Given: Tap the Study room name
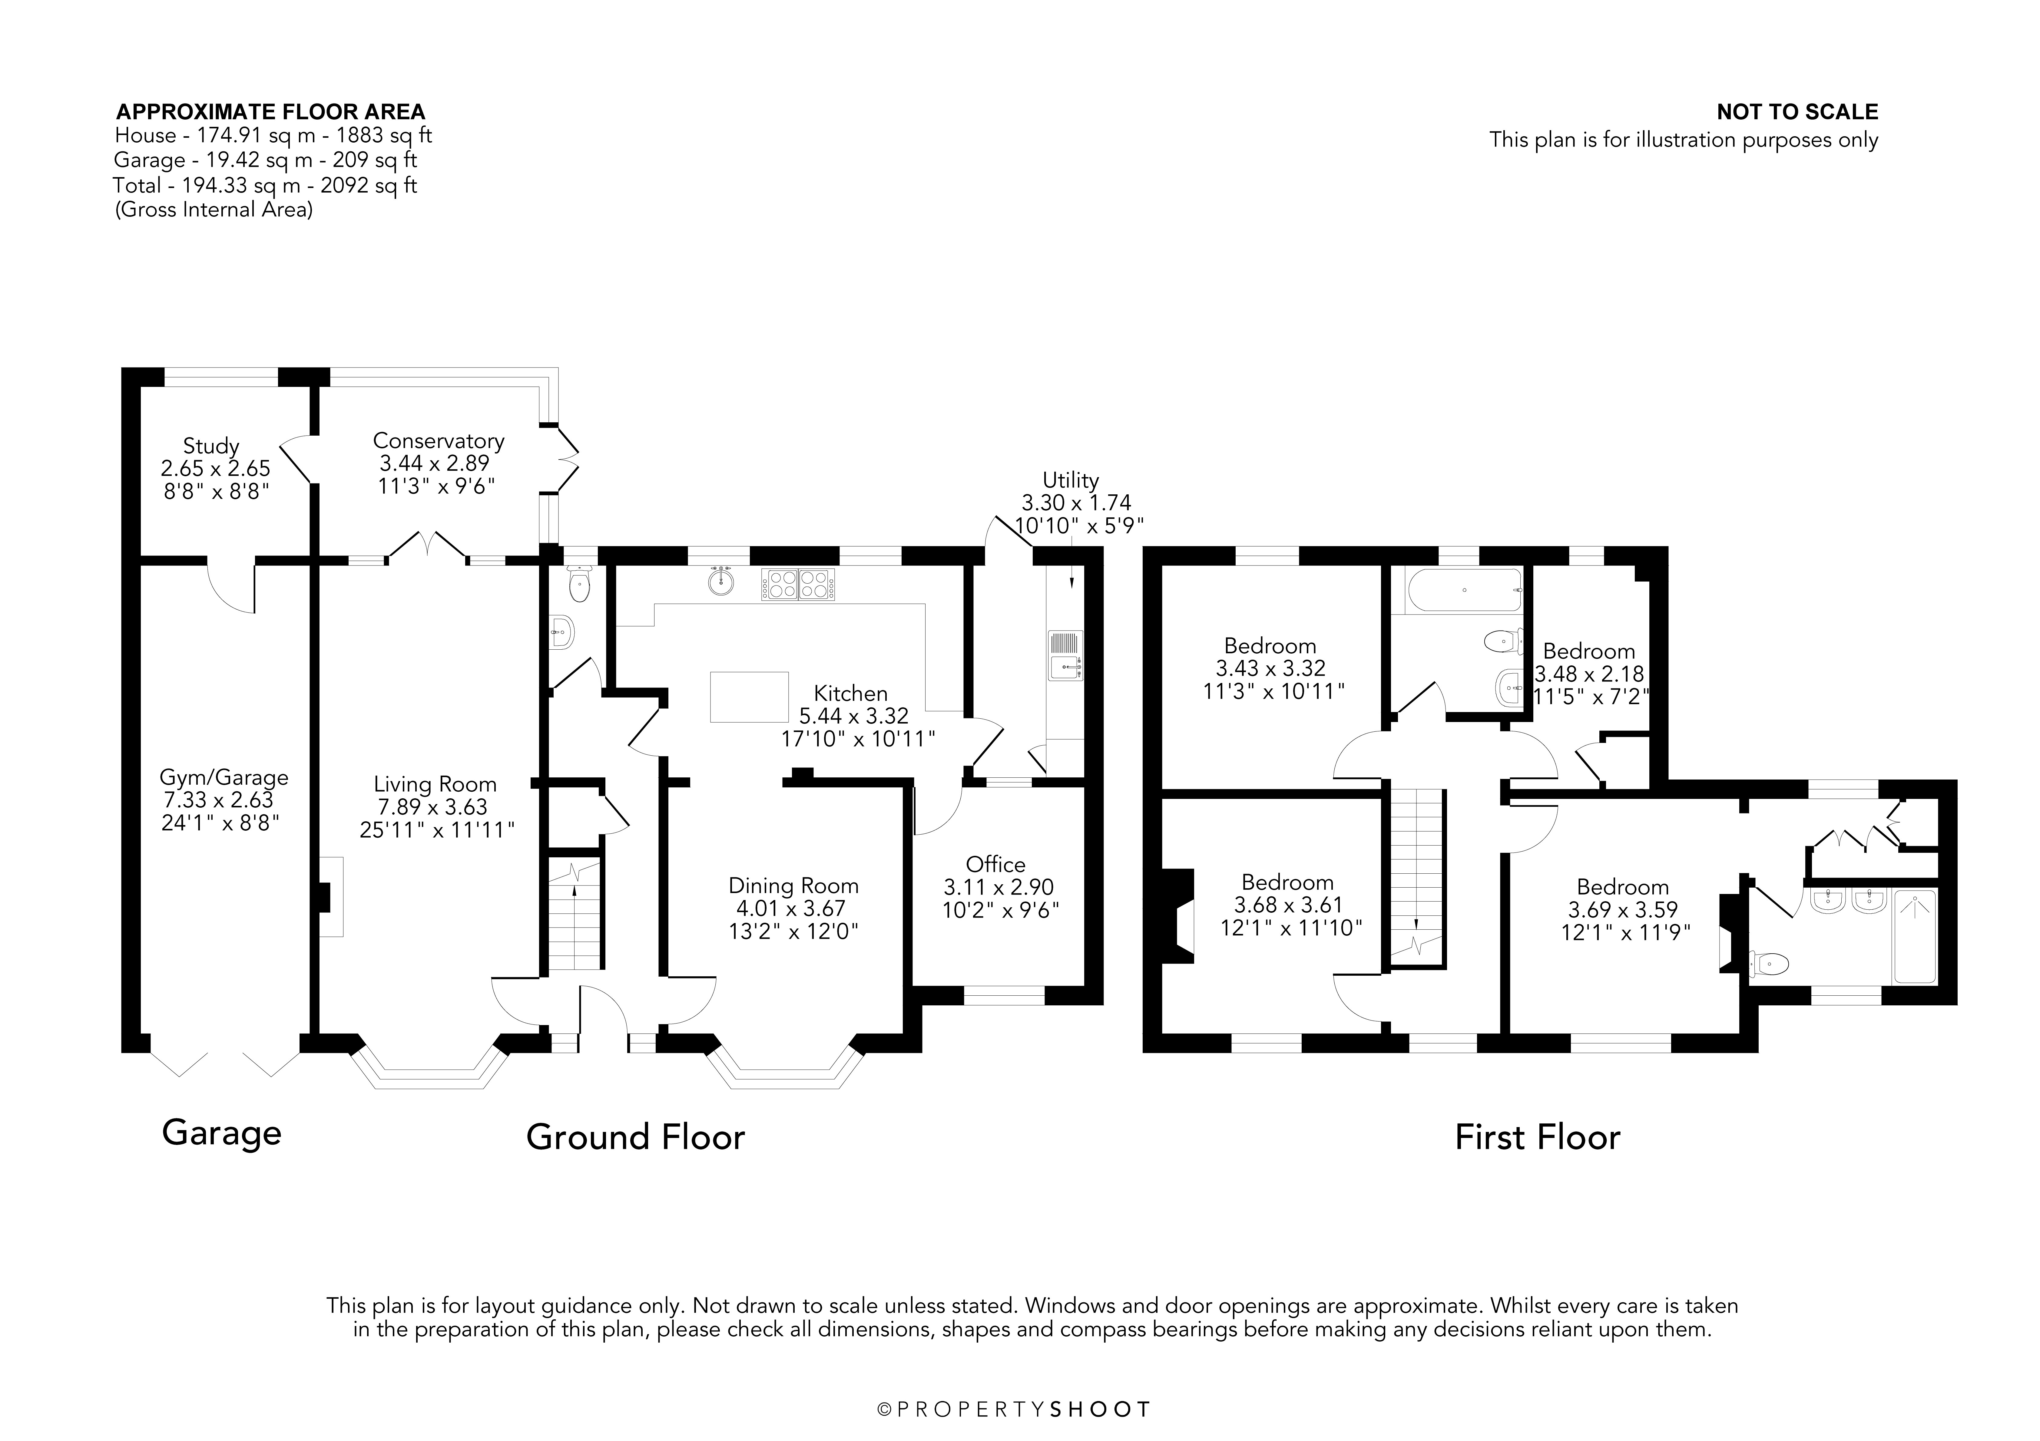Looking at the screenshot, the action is click(x=211, y=446).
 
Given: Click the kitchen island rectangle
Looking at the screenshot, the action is click(x=749, y=697).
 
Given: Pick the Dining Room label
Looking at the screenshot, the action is click(x=793, y=886).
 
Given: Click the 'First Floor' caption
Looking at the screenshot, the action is click(x=1537, y=1138).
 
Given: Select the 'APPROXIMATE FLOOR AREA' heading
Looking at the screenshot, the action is click(x=271, y=112).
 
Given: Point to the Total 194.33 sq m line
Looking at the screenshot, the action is click(x=265, y=186).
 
